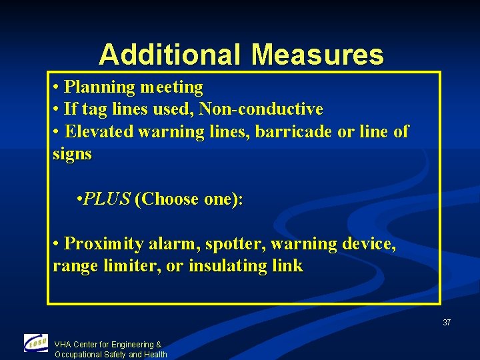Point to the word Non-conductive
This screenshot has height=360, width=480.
tap(261, 109)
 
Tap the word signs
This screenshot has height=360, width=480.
tap(72, 154)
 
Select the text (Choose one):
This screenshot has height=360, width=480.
tap(189, 199)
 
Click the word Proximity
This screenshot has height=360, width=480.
tap(103, 244)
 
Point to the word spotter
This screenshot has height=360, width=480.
tap(231, 244)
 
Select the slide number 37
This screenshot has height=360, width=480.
tap(447, 323)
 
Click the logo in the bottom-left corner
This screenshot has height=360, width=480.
tap(36, 343)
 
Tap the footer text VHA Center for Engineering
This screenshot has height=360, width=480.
tap(107, 345)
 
